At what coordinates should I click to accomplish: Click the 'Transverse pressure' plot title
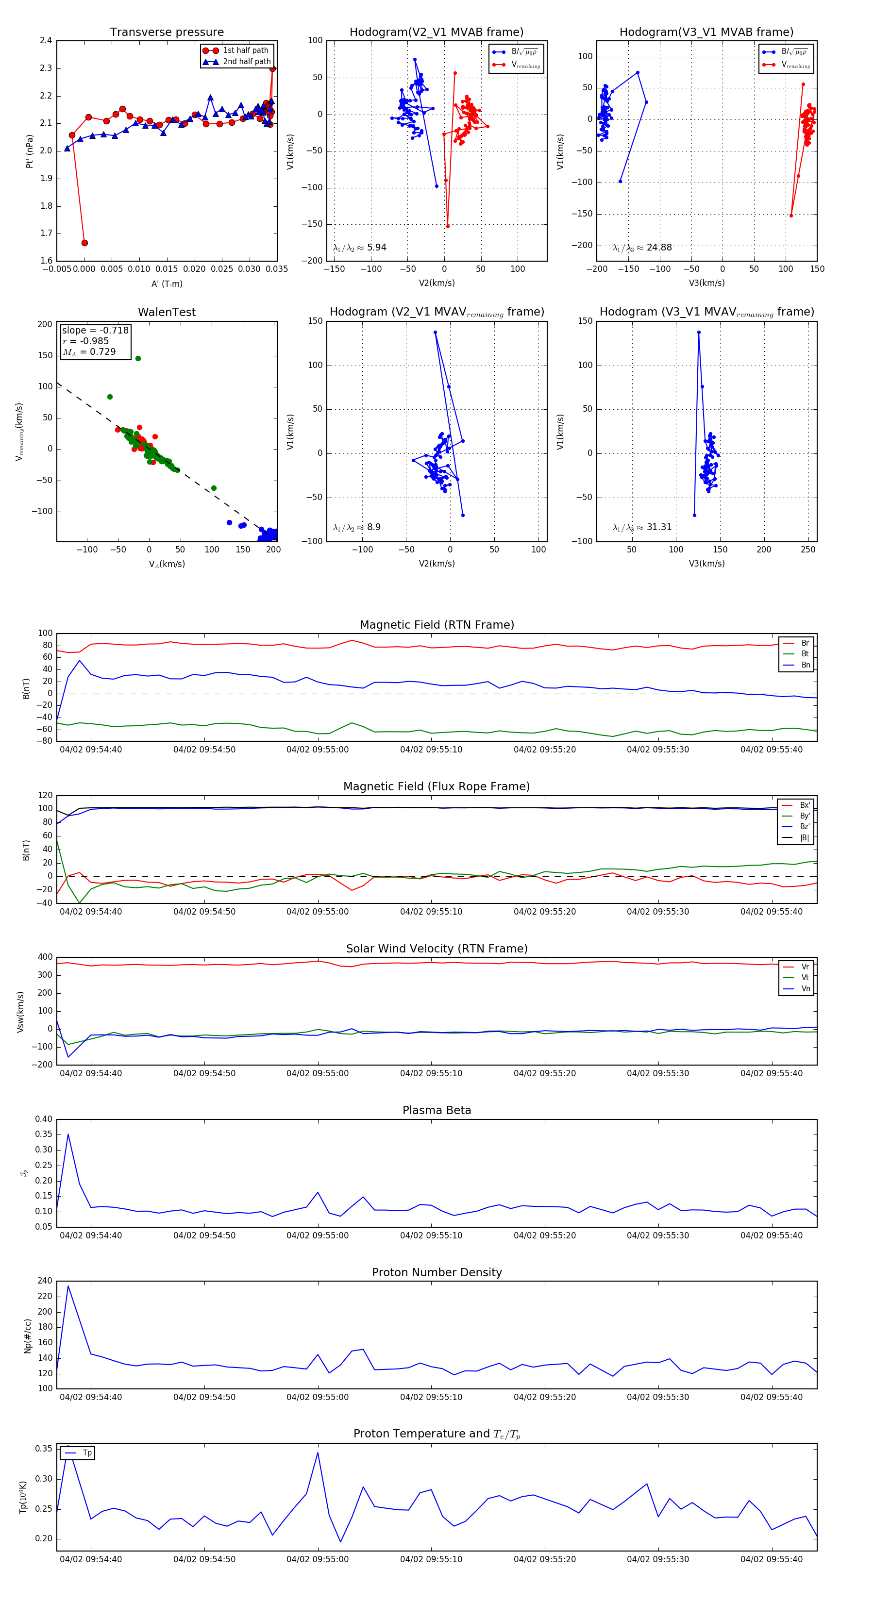167,33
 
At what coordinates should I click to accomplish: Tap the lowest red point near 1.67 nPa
84,243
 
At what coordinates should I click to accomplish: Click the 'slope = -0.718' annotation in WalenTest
95,330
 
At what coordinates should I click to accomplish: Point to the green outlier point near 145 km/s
138,358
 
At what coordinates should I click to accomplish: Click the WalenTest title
167,312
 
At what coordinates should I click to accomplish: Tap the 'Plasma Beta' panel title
437,1110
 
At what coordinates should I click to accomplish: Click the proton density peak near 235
68,1286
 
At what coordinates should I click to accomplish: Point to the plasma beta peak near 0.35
68,1135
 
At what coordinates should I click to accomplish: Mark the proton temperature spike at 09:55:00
318,1453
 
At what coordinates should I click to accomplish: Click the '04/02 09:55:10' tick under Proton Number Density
431,1397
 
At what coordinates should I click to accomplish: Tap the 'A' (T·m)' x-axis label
167,284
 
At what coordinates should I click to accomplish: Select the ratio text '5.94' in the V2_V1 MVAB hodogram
376,248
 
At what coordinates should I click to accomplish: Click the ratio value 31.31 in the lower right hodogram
659,527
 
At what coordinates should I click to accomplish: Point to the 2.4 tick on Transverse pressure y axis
46,40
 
